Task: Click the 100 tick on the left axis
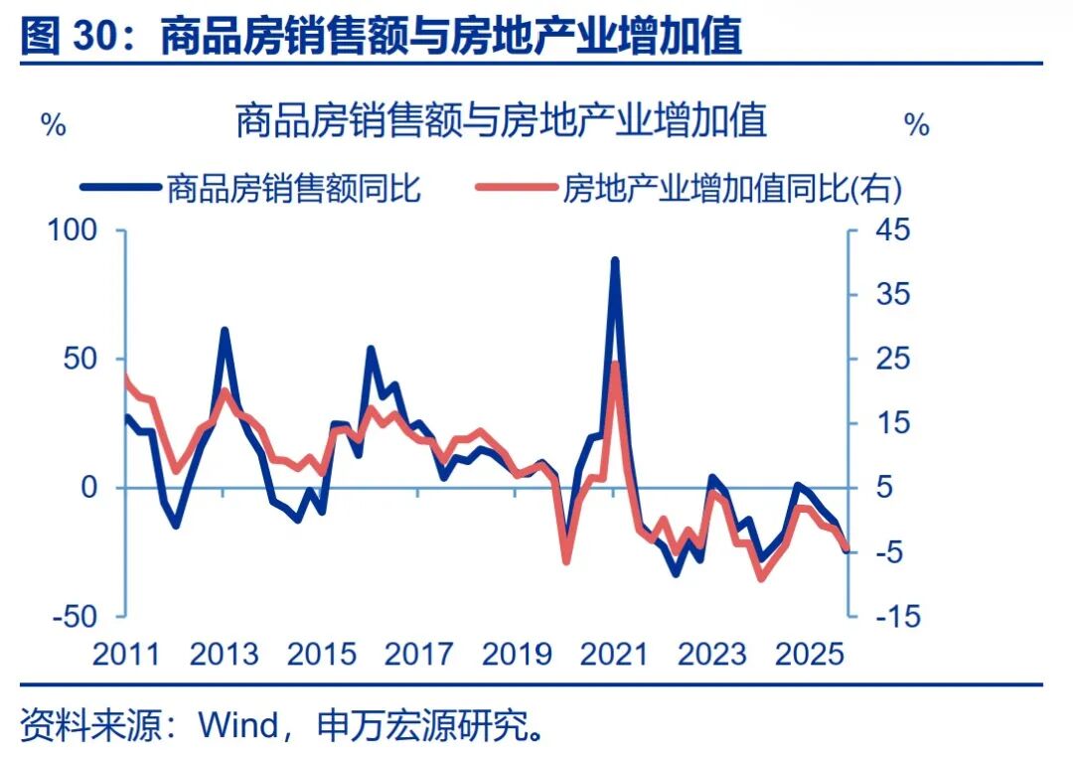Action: tap(72, 230)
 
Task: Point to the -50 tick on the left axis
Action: tap(72, 616)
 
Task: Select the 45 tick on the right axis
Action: tap(891, 230)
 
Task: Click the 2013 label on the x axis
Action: tap(224, 654)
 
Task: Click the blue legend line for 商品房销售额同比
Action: tap(118, 187)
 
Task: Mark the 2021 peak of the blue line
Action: tap(615, 260)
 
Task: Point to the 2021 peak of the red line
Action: tap(615, 364)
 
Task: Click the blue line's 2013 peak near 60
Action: tap(225, 330)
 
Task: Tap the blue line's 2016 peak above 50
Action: tap(371, 349)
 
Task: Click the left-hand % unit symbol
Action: tap(53, 125)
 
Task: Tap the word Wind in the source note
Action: tap(239, 725)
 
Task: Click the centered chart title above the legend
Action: tap(501, 121)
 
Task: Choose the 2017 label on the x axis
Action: tap(419, 654)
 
